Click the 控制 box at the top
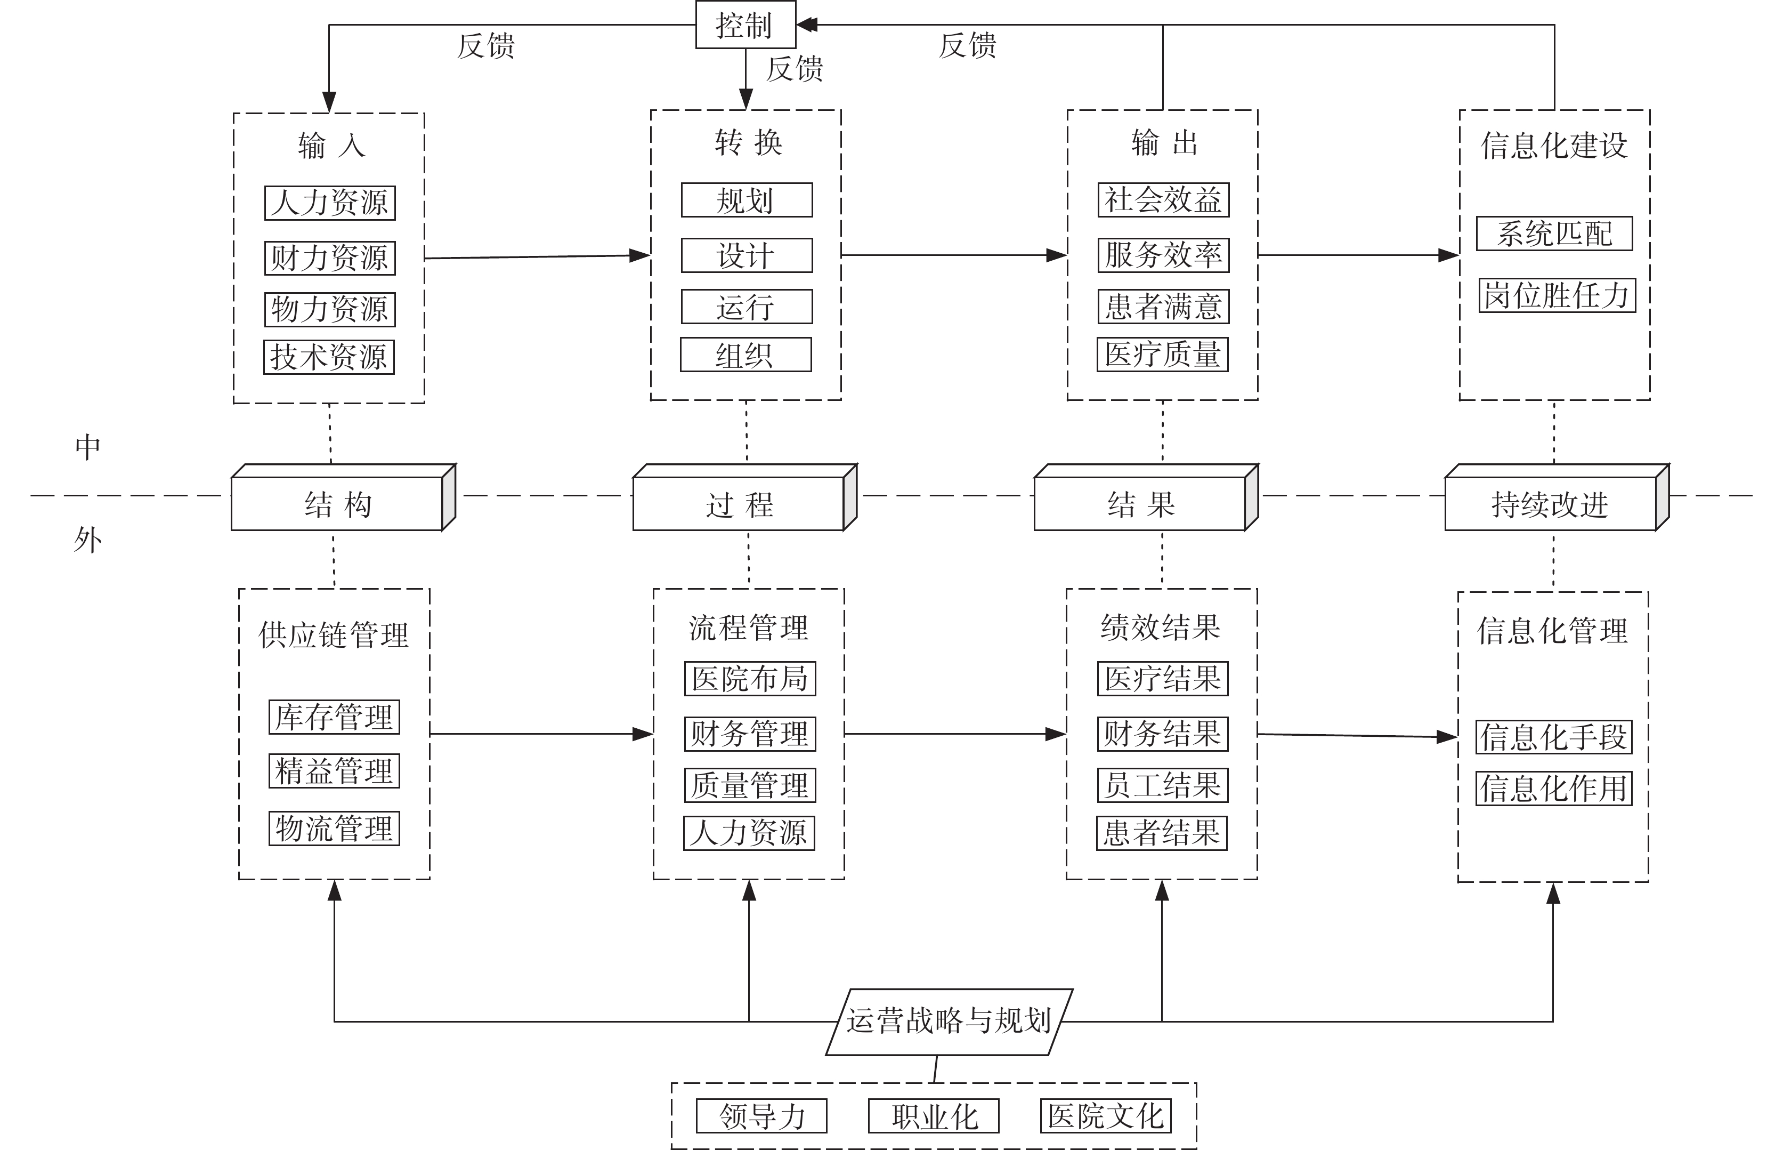tap(745, 25)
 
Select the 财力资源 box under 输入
tap(330, 258)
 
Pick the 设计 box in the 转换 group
tap(747, 255)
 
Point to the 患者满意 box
tap(1163, 306)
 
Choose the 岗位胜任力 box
tap(1557, 295)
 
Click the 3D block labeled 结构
tap(343, 497)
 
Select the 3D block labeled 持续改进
tap(1557, 497)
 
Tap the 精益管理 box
tap(334, 770)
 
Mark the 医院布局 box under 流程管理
tap(750, 678)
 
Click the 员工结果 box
tap(1162, 785)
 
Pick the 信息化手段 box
tap(1554, 737)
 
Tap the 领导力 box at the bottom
tap(761, 1116)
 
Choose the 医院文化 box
tap(1105, 1116)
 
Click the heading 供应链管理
tap(334, 635)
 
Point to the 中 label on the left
tap(87, 447)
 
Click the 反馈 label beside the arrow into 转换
tap(795, 69)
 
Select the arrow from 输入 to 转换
tap(537, 257)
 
